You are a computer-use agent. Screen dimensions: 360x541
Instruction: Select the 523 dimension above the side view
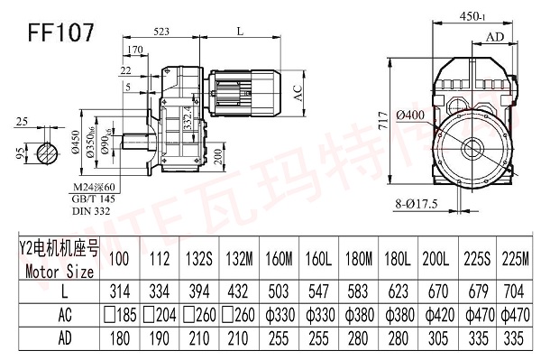(163, 31)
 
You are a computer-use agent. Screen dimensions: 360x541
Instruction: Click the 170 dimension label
(136, 50)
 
